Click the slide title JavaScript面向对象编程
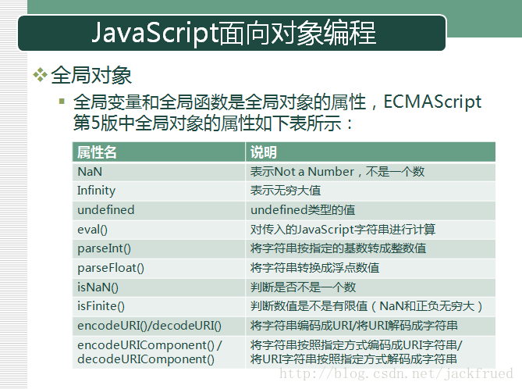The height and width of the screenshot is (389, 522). click(234, 33)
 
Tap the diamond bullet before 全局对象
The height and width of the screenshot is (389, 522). click(41, 75)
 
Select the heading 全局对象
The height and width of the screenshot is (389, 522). click(91, 75)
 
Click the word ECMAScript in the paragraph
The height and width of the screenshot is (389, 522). click(432, 102)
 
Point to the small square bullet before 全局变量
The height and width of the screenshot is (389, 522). click(62, 101)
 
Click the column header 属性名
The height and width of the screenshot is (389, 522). click(97, 152)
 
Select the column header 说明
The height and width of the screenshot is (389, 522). click(263, 152)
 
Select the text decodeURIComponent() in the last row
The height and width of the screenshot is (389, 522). click(146, 359)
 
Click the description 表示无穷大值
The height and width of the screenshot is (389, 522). click(286, 191)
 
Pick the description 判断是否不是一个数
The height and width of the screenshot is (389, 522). click(303, 287)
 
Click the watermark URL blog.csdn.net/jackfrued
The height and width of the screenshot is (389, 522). click(396, 373)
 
